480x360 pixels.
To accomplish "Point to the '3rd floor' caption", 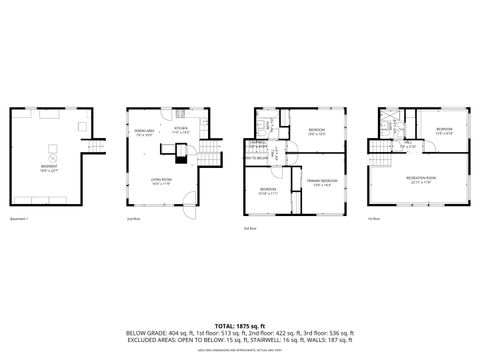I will [x=249, y=229].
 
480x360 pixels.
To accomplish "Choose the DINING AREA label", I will [x=143, y=132].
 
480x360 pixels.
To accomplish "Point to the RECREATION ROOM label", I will [x=418, y=180].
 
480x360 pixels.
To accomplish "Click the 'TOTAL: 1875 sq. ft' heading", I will [x=240, y=326].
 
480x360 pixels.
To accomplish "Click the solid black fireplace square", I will [x=181, y=154].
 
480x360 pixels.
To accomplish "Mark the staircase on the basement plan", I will [x=95, y=149].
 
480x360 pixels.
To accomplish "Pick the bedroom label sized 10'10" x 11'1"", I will [x=267, y=191].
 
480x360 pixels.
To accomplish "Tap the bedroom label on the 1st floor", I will [x=444, y=131].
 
